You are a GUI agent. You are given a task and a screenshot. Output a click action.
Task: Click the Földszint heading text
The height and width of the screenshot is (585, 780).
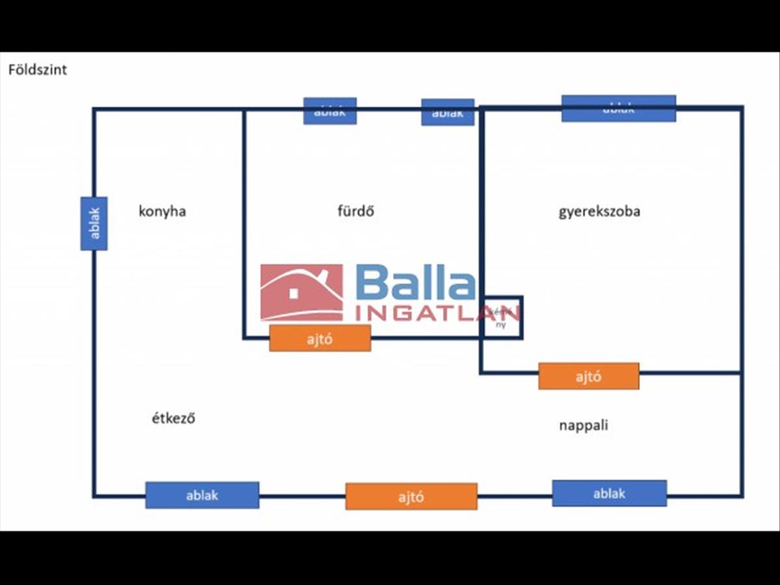click(37, 70)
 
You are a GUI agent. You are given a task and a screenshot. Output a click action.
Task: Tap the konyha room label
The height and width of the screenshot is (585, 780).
click(162, 211)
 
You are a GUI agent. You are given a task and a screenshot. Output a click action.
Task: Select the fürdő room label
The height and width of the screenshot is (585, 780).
click(356, 211)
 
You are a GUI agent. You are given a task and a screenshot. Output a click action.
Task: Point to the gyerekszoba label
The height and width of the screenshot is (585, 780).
click(599, 211)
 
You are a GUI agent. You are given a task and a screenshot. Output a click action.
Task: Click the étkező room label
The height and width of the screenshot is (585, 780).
click(173, 418)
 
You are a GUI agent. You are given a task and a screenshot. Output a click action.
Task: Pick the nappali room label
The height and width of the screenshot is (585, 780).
click(583, 426)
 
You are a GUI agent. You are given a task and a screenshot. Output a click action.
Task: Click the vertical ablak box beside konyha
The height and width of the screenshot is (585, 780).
click(94, 224)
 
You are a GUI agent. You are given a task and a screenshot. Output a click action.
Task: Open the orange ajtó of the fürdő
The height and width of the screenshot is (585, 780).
click(320, 338)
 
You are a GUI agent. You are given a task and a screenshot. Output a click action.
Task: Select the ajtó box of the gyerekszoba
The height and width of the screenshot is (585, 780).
click(588, 376)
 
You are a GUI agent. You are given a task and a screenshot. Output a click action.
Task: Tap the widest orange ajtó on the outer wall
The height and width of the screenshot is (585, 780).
click(411, 497)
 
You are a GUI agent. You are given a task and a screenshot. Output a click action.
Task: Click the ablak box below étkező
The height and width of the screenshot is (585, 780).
click(202, 495)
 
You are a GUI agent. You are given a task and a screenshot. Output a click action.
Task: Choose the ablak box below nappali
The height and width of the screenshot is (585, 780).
click(609, 493)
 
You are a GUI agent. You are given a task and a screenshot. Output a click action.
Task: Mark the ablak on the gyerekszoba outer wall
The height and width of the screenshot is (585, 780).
click(618, 109)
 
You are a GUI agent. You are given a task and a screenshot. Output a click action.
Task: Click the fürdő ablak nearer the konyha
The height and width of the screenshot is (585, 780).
click(330, 111)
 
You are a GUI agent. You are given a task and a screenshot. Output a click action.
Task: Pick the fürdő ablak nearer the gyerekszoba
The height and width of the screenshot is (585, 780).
click(447, 112)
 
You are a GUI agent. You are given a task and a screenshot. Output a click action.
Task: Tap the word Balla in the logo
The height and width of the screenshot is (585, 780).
click(415, 284)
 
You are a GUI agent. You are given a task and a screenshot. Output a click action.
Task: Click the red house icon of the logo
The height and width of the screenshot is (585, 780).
click(302, 292)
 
